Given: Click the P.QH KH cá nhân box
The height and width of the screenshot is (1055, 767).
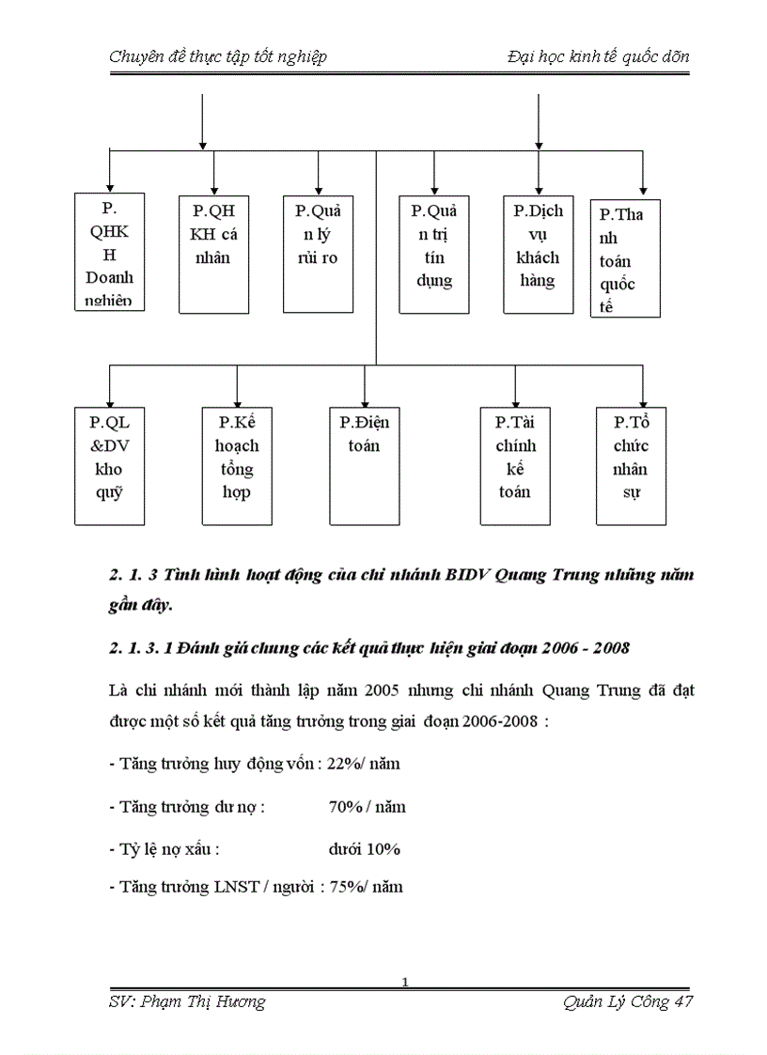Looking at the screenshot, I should (214, 254).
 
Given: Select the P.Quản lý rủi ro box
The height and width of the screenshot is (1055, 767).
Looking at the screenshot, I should (318, 254).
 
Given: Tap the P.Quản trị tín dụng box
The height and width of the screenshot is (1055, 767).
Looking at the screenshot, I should (433, 254).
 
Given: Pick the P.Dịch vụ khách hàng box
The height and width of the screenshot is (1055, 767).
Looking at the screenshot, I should (538, 254).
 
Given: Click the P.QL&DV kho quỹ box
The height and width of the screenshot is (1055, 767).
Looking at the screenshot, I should (109, 465).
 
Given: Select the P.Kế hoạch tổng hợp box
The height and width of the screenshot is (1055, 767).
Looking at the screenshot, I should (237, 465).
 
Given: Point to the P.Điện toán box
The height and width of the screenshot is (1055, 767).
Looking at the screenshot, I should (364, 465).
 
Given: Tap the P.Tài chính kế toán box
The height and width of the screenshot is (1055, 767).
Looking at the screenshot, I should (515, 465).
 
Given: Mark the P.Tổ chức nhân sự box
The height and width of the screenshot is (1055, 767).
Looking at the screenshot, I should (632, 465).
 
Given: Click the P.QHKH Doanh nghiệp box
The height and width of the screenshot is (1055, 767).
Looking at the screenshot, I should (109, 251).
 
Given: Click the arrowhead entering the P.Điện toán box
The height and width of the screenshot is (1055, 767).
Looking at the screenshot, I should (364, 400).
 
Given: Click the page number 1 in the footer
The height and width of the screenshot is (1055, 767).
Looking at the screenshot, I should (404, 983).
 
